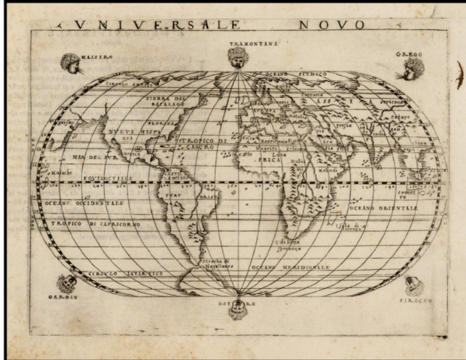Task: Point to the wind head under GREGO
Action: [409, 69]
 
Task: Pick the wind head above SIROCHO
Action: [415, 284]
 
